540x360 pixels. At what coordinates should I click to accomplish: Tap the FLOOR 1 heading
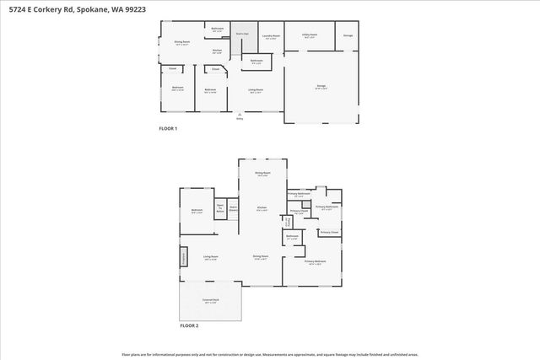point(168,128)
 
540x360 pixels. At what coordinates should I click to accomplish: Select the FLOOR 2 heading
point(189,325)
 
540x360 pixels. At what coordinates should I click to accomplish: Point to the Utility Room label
point(309,35)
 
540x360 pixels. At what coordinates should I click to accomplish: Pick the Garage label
point(320,87)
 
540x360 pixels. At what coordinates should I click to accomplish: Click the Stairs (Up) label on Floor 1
point(241,34)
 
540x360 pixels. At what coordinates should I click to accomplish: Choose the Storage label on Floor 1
point(348,35)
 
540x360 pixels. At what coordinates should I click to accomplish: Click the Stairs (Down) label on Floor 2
point(234,207)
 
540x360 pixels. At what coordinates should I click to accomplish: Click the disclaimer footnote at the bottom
point(270,354)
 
